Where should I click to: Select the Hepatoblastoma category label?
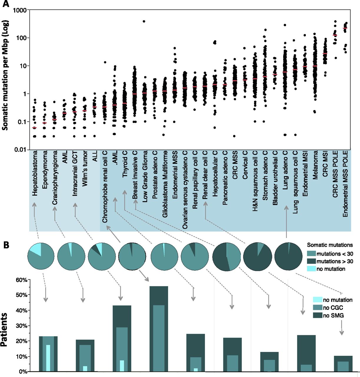pos(35,173)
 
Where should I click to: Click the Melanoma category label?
pos(315,165)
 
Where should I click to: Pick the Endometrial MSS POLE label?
pos(345,184)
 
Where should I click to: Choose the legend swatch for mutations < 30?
pos(311,254)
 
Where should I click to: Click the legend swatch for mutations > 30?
pos(311,261)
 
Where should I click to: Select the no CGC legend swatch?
pos(317,308)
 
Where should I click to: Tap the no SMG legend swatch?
pos(317,315)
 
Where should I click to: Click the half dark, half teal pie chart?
pos(227,257)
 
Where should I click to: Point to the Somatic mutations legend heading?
pos(330,245)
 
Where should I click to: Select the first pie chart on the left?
pos(41,257)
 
